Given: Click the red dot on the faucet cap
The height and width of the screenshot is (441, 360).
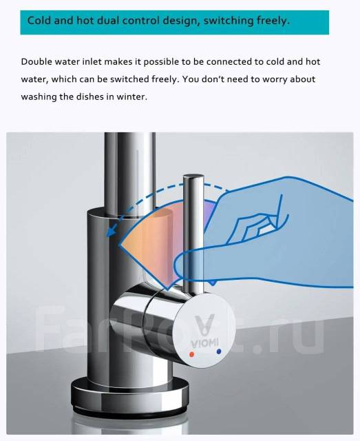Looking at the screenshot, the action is tap(192, 354).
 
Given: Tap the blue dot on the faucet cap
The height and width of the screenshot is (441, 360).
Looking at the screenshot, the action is tap(219, 351).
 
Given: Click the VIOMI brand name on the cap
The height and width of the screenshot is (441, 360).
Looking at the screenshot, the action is tap(204, 343).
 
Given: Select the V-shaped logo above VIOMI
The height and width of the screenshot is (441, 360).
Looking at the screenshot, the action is tap(205, 325).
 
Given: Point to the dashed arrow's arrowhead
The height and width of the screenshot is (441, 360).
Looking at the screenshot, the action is tap(110, 232).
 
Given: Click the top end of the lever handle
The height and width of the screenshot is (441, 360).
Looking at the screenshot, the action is tap(193, 176).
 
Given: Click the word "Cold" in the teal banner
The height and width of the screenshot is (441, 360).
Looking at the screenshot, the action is tap(39, 21).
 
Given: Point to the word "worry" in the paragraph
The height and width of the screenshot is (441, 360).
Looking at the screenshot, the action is tap(275, 79).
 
